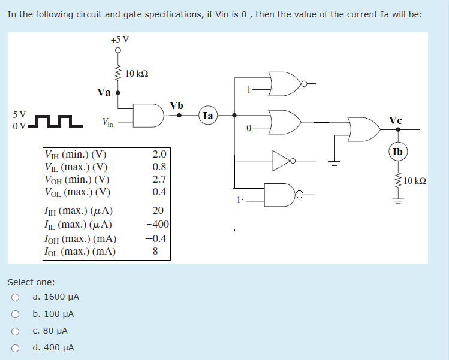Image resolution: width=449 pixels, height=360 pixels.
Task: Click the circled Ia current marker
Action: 208,116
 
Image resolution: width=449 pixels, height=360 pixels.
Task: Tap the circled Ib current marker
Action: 397,152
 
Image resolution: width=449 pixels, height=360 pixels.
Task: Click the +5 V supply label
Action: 119,40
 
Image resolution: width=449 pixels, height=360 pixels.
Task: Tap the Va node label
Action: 104,92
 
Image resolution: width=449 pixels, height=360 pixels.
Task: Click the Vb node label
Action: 176,105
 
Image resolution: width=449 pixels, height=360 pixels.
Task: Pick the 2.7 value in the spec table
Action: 159,179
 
